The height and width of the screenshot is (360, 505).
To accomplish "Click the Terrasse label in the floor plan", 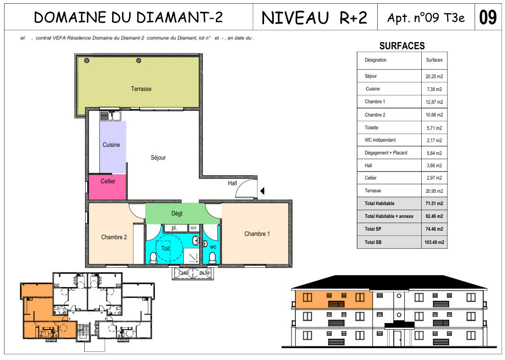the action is click(x=141, y=89).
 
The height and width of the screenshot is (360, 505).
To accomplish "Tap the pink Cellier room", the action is click(x=107, y=187).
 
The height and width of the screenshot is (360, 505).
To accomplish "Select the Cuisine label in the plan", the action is click(x=111, y=144).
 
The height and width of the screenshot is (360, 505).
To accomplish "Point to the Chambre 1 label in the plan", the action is click(x=257, y=234).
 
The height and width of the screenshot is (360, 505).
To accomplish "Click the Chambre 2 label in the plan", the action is click(x=114, y=237).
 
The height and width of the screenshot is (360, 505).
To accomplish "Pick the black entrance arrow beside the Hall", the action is click(x=263, y=191).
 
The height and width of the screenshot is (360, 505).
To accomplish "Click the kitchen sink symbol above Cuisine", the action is click(x=110, y=116).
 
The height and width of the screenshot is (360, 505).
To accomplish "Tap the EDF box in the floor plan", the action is click(x=194, y=228).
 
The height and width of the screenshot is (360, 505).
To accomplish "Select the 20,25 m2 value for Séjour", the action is click(x=434, y=76).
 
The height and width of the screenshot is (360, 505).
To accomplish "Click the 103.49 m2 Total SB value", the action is click(x=434, y=242).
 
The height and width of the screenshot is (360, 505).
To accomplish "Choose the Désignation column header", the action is click(x=375, y=60).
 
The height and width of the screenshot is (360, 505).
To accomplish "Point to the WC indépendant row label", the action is click(x=380, y=140).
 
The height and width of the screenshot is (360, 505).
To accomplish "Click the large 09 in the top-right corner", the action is click(x=487, y=18).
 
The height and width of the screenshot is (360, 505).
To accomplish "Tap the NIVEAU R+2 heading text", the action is click(x=314, y=18).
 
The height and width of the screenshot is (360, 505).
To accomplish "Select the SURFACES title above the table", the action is click(x=402, y=46).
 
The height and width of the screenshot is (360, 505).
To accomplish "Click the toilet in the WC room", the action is click(x=212, y=258).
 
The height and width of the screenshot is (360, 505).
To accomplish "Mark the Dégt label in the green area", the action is click(x=177, y=213).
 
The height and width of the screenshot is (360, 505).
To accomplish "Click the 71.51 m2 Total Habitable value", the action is click(x=434, y=203).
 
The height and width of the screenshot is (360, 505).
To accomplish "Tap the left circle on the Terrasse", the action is click(x=87, y=61).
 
